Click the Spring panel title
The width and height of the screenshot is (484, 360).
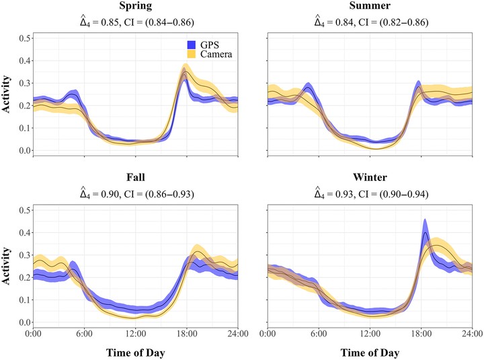[x=136, y=5]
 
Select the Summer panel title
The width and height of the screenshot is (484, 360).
[x=370, y=5]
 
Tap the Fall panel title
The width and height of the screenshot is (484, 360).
[x=136, y=177]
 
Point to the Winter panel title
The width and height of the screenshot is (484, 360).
[x=370, y=177]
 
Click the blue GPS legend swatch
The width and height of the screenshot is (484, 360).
[x=192, y=45]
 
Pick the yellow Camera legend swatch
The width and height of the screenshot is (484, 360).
[x=192, y=54]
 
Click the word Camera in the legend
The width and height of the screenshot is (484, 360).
[x=216, y=54]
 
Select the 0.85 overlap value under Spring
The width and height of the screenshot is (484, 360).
[x=110, y=22]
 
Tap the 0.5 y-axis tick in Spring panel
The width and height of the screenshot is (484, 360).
[x=26, y=38]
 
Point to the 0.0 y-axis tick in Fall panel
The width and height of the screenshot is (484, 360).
[x=26, y=322]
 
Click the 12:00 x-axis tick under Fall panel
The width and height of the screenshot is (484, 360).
[x=136, y=334]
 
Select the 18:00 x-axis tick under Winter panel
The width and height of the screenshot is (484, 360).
[x=421, y=334]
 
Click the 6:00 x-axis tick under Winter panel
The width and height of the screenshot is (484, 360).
[x=319, y=334]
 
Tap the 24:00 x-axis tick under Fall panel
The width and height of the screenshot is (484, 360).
[x=238, y=334]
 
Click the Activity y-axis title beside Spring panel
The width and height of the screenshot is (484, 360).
[x=6, y=94]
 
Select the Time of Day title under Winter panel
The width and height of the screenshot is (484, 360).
[x=370, y=353]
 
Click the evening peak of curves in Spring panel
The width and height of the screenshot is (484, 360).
[x=185, y=73]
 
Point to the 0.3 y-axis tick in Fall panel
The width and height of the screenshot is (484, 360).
[x=26, y=255]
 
